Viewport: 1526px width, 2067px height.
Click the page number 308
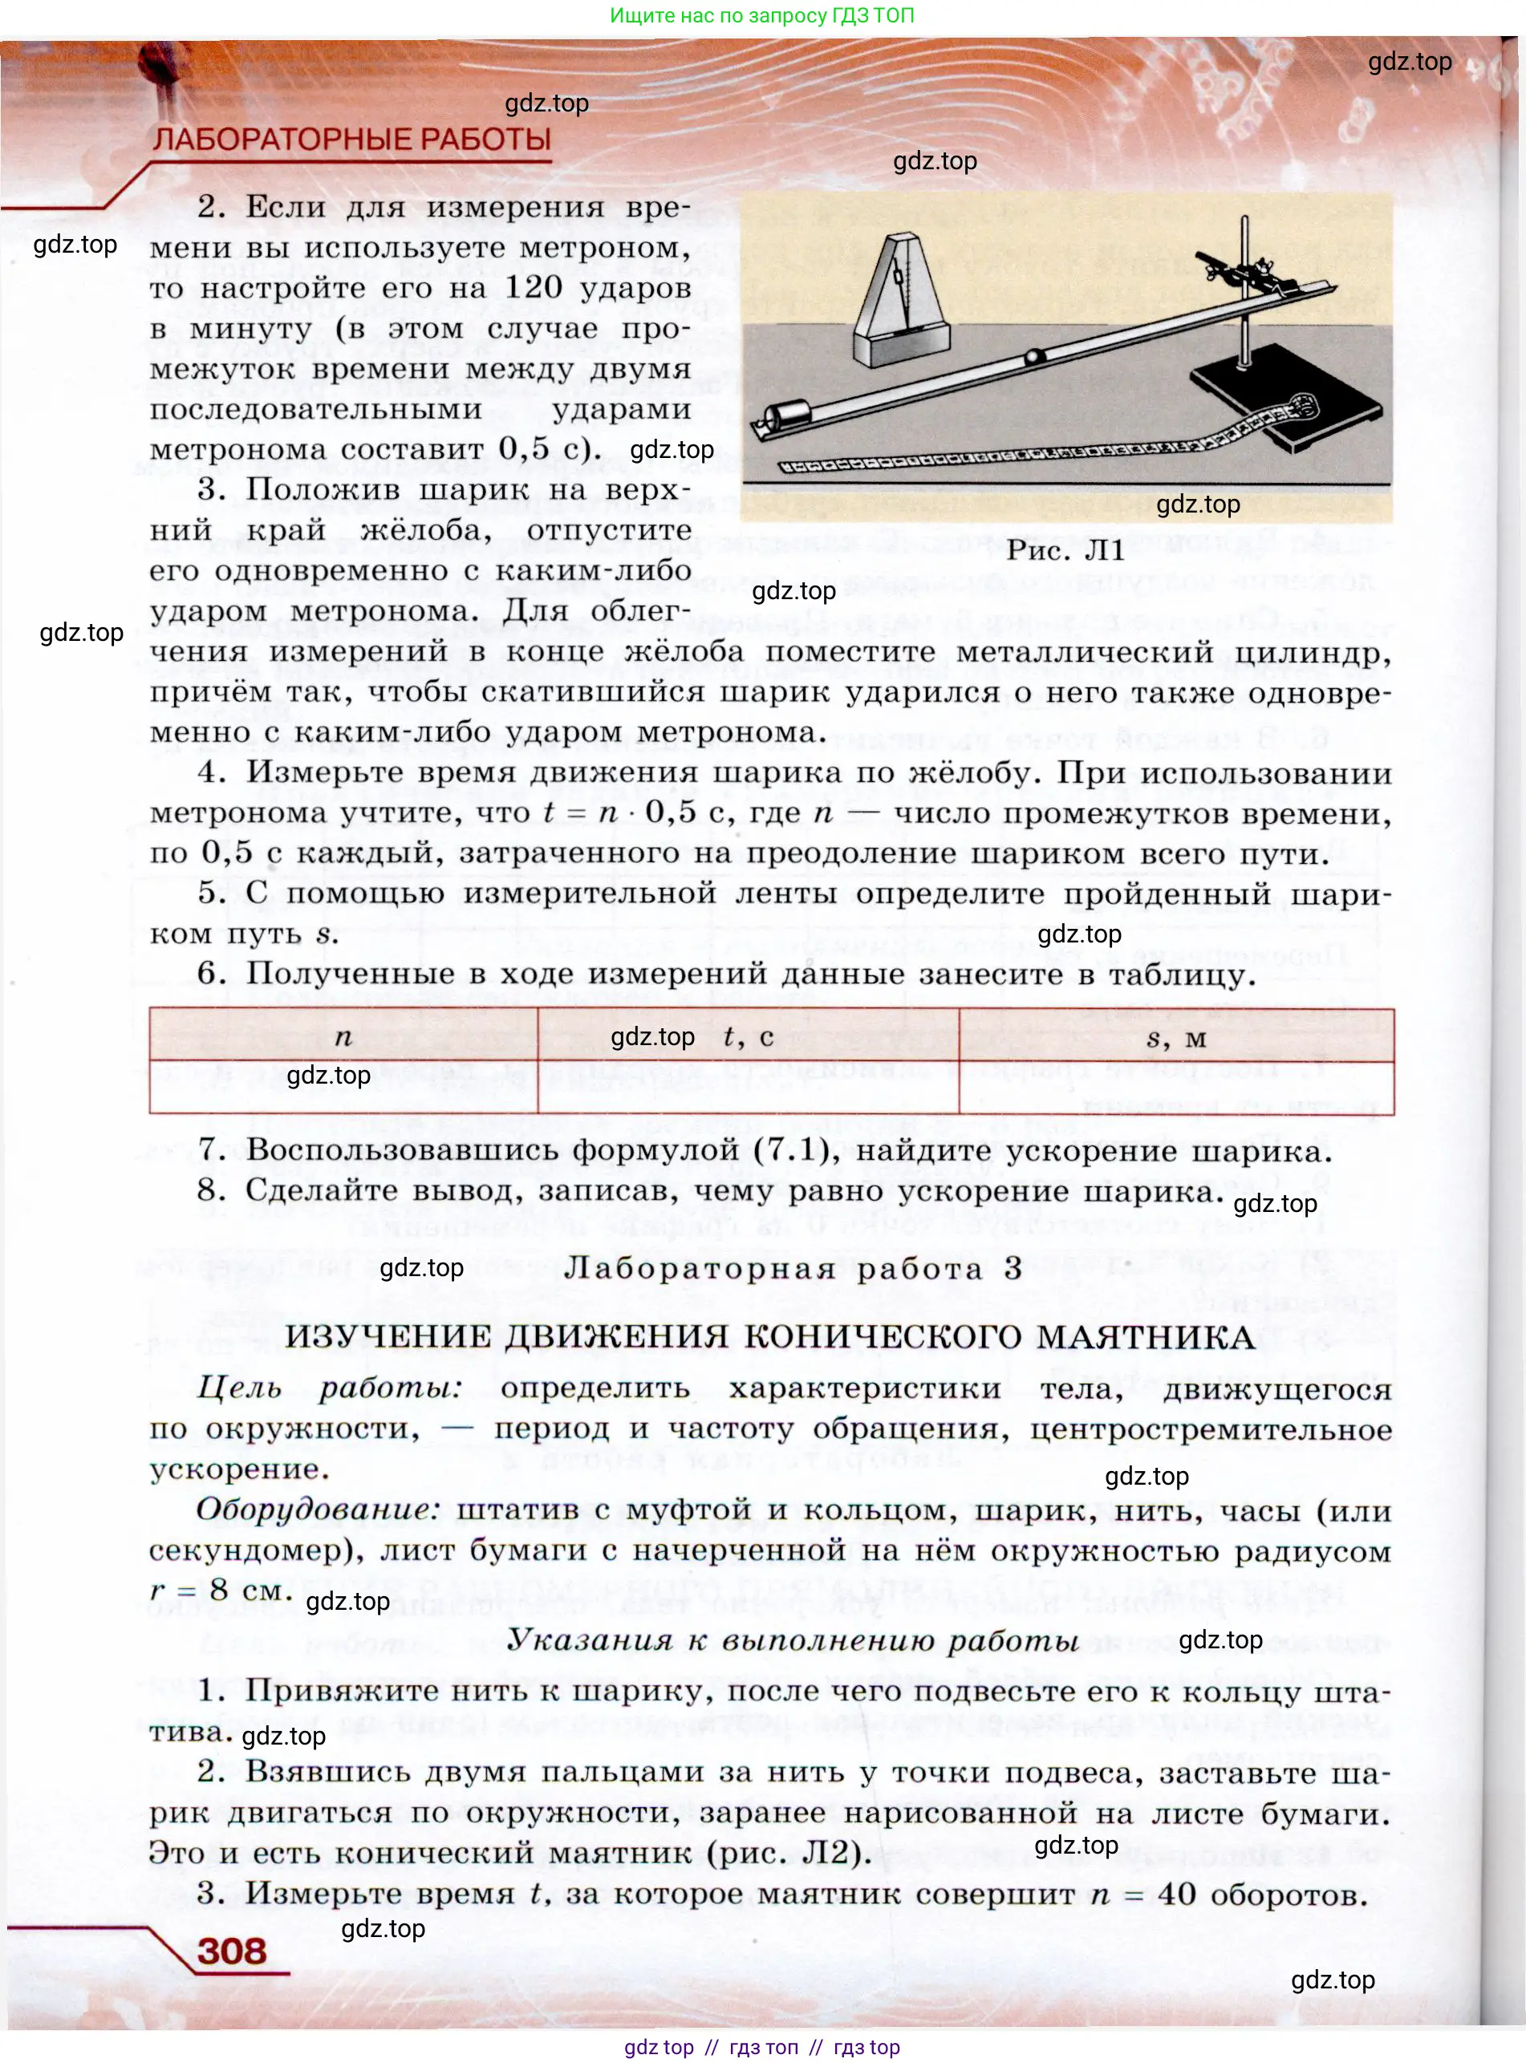coord(231,1951)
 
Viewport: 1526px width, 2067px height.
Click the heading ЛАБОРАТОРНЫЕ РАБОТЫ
coord(352,140)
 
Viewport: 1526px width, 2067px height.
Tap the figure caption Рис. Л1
coord(1065,550)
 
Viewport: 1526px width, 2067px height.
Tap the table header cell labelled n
coord(343,1037)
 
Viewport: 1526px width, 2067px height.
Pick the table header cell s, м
coord(1176,1037)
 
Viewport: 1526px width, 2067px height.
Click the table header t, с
coord(749,1037)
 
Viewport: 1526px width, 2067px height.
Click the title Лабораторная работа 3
coord(793,1268)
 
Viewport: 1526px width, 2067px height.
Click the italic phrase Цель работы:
coord(329,1388)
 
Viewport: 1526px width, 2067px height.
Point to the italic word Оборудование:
coord(319,1510)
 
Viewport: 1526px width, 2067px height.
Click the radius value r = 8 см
coord(220,1590)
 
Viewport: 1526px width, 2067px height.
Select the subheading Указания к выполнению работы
coord(793,1639)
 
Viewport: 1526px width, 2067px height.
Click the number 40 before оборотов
coord(1177,1894)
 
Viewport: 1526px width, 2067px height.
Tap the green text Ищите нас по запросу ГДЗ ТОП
coord(762,16)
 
